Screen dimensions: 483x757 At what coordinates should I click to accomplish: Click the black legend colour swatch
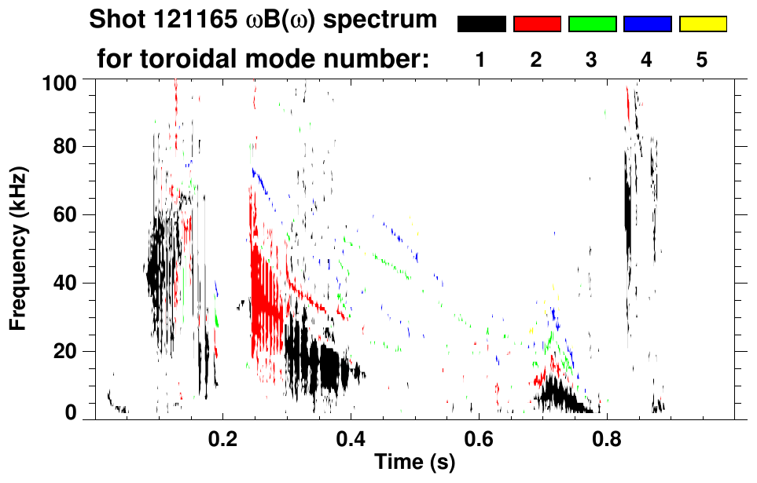[x=482, y=24]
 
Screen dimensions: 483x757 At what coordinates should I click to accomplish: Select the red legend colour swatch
[x=537, y=24]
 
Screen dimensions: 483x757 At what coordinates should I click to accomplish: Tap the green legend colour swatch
[x=592, y=24]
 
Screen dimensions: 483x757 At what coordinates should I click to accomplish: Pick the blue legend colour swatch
[x=647, y=24]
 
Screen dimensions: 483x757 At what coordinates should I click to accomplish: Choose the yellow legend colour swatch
[x=702, y=24]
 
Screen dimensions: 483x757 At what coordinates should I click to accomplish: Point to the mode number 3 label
[x=591, y=60]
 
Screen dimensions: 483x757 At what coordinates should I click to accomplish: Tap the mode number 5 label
[x=702, y=60]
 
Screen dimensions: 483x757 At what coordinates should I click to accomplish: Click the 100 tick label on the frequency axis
[x=59, y=80]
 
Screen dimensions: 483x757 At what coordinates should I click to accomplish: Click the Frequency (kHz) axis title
[x=18, y=247]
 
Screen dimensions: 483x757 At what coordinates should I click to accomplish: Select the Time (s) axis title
[x=413, y=463]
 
